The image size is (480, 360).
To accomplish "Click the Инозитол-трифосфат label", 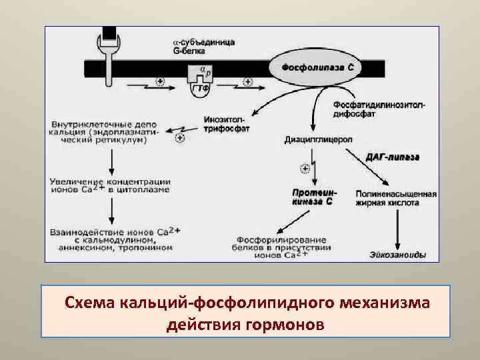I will (x=227, y=124).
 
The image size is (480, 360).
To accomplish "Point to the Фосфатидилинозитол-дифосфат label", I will (x=379, y=109).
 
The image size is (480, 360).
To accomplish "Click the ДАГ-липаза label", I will (x=392, y=157).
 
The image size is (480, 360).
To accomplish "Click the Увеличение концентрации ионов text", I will (x=111, y=185).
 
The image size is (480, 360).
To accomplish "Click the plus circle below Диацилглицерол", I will (x=305, y=167).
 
